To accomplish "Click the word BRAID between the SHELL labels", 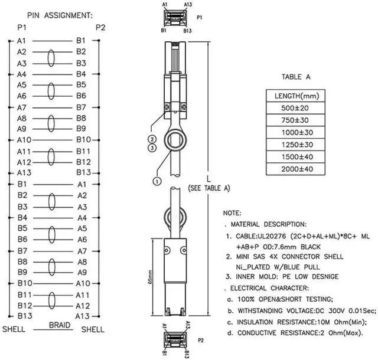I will tap(60, 325).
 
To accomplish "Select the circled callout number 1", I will tap(157, 181).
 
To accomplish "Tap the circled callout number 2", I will tap(152, 139).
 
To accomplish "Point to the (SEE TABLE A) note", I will tap(208, 188).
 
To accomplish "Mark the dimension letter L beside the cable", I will tap(209, 178).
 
